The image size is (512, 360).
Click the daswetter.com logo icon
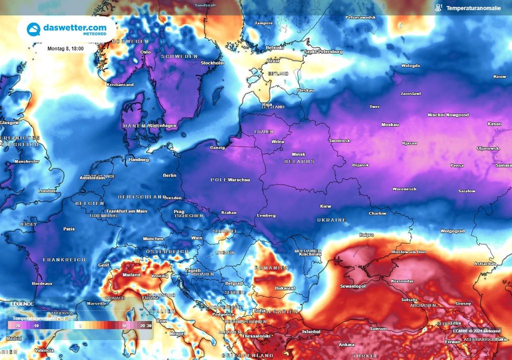click(x=33, y=29)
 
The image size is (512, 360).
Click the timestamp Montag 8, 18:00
click(x=65, y=48)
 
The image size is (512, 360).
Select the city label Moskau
click(x=390, y=124)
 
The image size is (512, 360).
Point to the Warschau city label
click(x=239, y=179)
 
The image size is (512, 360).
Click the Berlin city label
click(x=169, y=175)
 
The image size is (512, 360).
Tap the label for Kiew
click(x=325, y=206)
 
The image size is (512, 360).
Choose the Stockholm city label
click(x=212, y=63)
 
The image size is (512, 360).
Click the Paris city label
click(x=69, y=228)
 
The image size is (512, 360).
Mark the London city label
click(x=47, y=190)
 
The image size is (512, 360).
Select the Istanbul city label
click(x=314, y=331)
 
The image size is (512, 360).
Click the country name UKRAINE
click(x=331, y=220)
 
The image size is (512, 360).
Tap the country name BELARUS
click(x=299, y=161)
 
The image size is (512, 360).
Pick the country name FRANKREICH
click(x=64, y=259)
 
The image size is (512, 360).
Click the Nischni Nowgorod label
click(x=448, y=115)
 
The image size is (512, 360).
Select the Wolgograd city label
click(x=452, y=231)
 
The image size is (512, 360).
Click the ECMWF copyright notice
click(x=476, y=330)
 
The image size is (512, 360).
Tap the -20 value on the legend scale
click(x=17, y=325)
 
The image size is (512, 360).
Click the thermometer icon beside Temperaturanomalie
click(x=438, y=8)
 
